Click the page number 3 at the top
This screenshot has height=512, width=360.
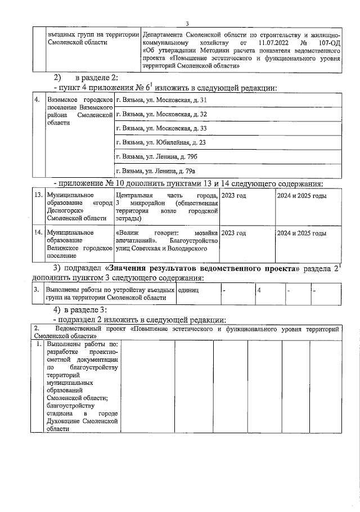tap(187, 23)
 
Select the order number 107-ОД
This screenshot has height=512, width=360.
tap(326, 42)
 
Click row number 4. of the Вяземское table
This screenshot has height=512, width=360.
tap(37, 100)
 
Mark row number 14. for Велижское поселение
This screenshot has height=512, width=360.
tap(38, 232)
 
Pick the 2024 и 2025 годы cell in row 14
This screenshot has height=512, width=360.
tap(302, 232)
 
